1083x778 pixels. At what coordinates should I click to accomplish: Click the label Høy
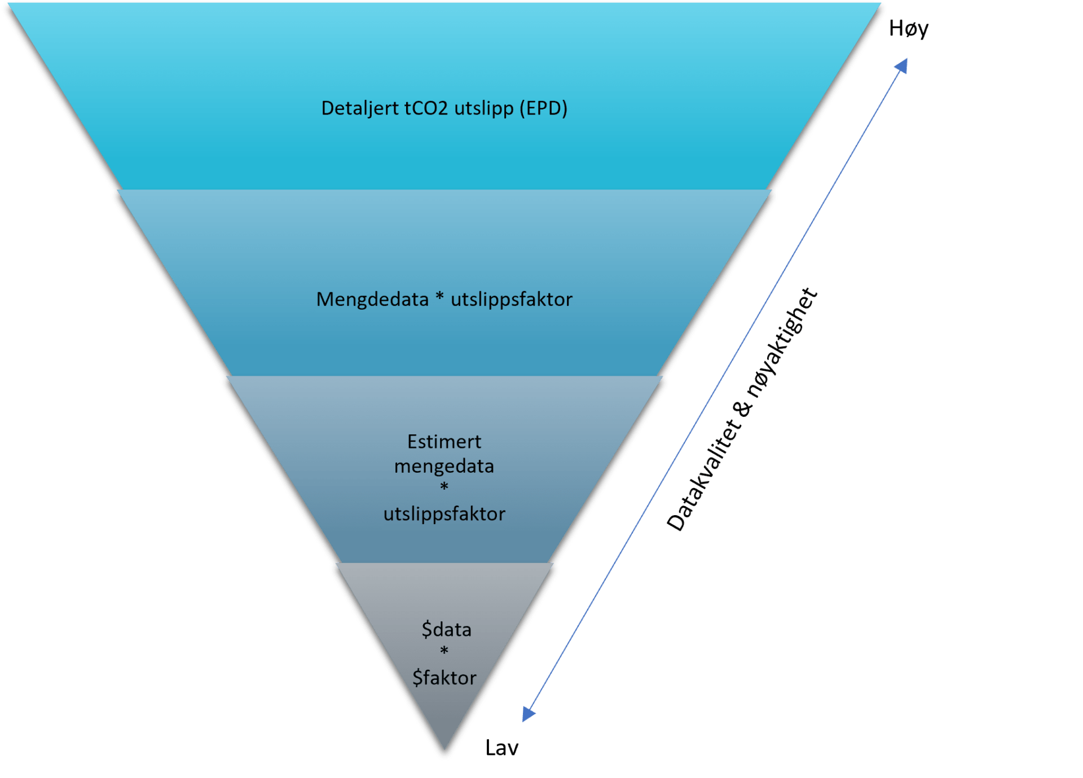908,28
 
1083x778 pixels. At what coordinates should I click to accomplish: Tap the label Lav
501,748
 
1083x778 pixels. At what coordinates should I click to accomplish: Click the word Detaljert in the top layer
360,108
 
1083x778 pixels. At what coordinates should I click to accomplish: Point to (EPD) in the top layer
543,108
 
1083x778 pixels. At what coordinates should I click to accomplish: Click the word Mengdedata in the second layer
372,299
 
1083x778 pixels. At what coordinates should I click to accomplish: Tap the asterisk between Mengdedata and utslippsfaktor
440,297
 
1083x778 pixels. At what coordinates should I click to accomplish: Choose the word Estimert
444,442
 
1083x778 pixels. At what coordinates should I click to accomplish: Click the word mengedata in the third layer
444,467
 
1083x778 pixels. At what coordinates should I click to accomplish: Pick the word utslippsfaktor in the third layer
444,514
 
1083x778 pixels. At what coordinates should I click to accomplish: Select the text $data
446,630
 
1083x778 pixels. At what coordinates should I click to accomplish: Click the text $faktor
444,678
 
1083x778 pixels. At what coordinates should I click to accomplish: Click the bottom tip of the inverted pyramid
444,755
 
